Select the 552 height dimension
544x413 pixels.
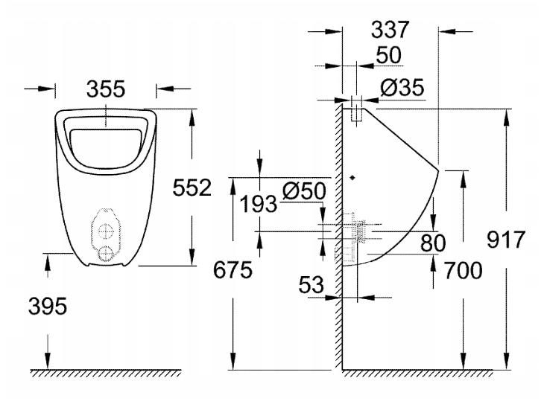pyautogui.click(x=192, y=188)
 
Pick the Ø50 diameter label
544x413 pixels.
pyautogui.click(x=304, y=191)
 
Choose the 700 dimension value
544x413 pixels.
pyautogui.click(x=461, y=270)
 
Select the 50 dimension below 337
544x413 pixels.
pyautogui.click(x=388, y=56)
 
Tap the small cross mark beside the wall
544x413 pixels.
pyautogui.click(x=353, y=177)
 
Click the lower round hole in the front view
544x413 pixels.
pyautogui.click(x=107, y=252)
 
